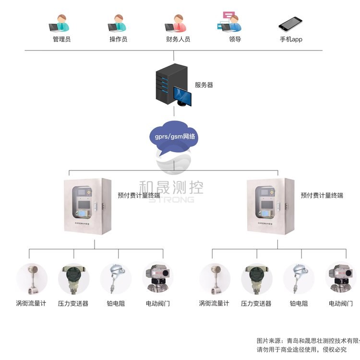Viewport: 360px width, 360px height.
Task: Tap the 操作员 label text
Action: (118, 39)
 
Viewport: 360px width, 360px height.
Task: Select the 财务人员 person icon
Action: (176, 23)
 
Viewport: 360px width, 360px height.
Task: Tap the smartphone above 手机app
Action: (291, 24)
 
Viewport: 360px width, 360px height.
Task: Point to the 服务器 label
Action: (204, 85)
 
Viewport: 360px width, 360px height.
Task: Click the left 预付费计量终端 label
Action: (139, 195)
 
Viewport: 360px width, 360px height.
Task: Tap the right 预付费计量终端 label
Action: (322, 195)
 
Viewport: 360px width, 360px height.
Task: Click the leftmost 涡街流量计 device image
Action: (32, 279)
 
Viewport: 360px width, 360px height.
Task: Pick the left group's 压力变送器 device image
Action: (73, 279)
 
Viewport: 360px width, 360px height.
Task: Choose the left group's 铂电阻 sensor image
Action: (116, 279)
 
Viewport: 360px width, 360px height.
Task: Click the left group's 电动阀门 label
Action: (157, 303)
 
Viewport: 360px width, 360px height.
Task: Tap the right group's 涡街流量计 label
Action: (214, 303)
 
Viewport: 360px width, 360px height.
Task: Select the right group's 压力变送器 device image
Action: (256, 279)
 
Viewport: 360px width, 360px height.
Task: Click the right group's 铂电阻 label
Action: (299, 303)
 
